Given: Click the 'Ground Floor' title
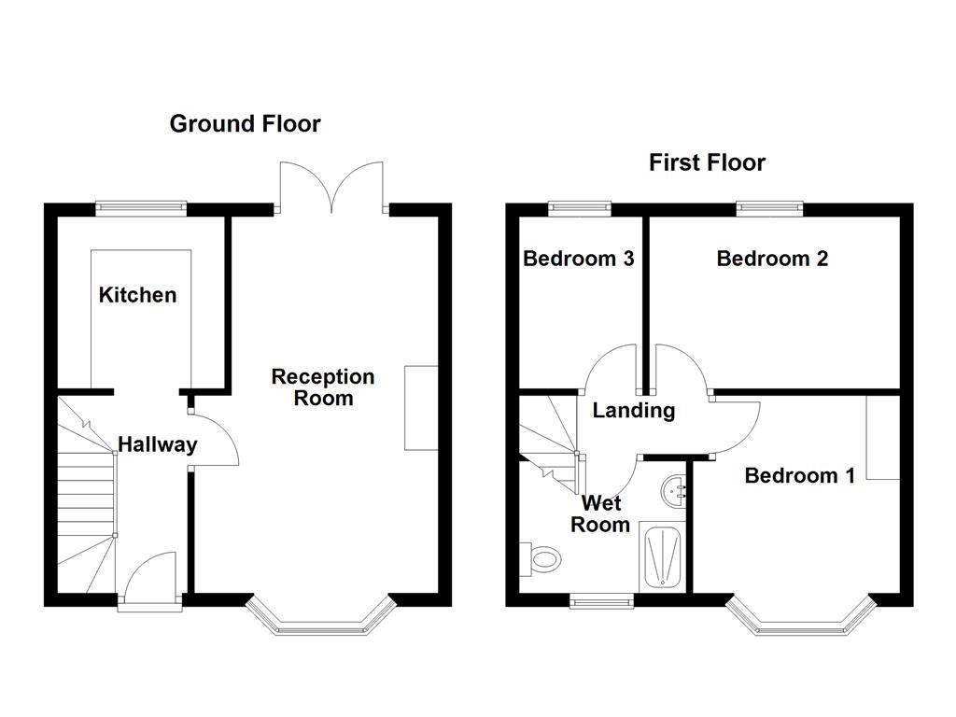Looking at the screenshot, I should pos(245,123).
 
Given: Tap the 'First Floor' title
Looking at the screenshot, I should pos(707,162).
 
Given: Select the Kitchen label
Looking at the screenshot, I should pos(137,295).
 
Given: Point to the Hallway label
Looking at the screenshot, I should pos(157,444).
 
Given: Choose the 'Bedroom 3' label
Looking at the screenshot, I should pos(578,259).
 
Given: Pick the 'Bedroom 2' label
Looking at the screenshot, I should pos(772,259).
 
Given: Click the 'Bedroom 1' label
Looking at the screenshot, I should pos(799,475).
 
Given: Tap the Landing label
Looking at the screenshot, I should pos(633,410).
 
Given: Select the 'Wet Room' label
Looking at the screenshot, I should pos(599,513).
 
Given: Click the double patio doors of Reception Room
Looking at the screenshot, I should pos(333,187).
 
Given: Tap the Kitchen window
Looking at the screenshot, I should pos(142,208).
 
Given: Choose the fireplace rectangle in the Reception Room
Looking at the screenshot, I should pos(421,408).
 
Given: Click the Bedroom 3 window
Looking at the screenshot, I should pos(579,208).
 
